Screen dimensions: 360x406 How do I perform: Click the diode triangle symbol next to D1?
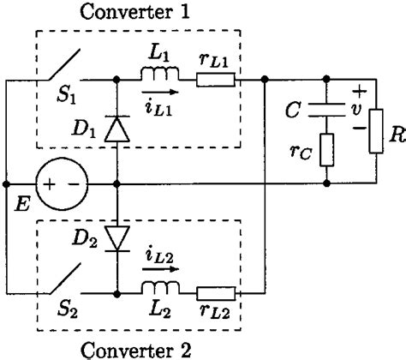[x=116, y=129]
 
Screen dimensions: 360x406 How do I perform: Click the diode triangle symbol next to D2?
[x=116, y=233]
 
